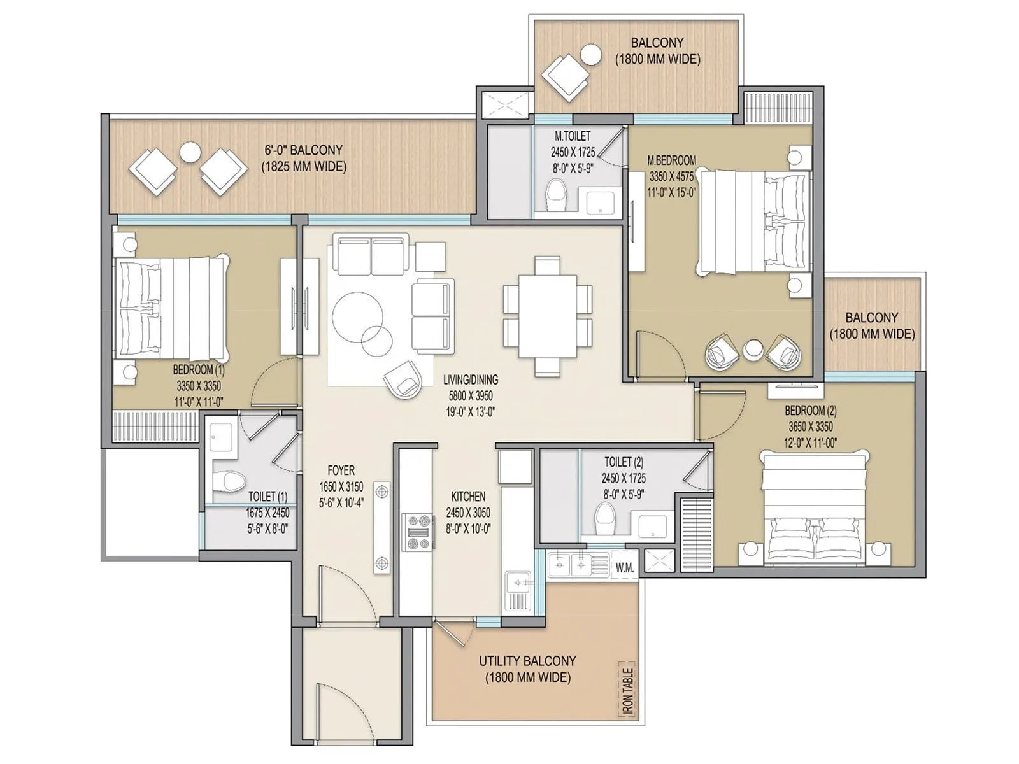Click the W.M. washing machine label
point(624,567)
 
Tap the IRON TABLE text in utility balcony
point(628,691)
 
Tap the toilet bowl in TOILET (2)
point(604,518)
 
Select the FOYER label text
point(341,470)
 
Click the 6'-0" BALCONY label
point(304,150)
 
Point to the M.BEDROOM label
point(671,160)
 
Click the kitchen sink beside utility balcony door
point(518,582)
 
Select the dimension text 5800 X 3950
point(470,395)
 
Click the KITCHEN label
point(468,496)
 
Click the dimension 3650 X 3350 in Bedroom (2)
point(810,427)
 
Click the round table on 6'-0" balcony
point(189,152)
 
